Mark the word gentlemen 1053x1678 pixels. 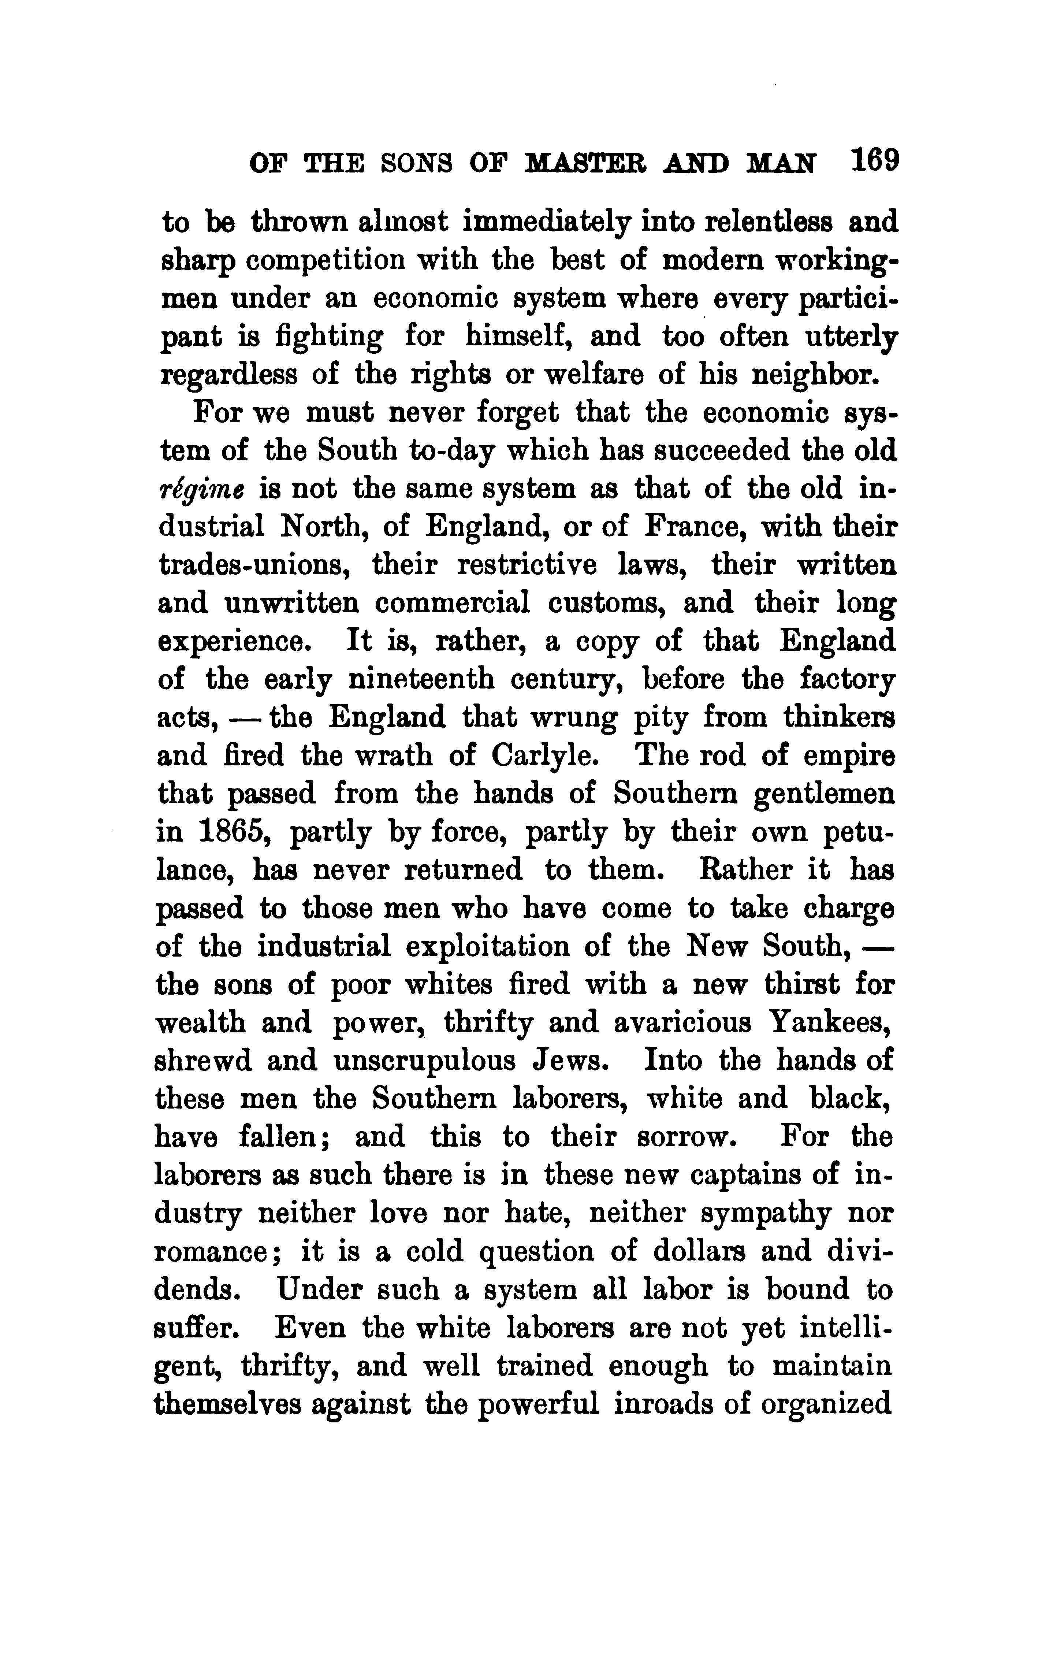[x=825, y=795]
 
